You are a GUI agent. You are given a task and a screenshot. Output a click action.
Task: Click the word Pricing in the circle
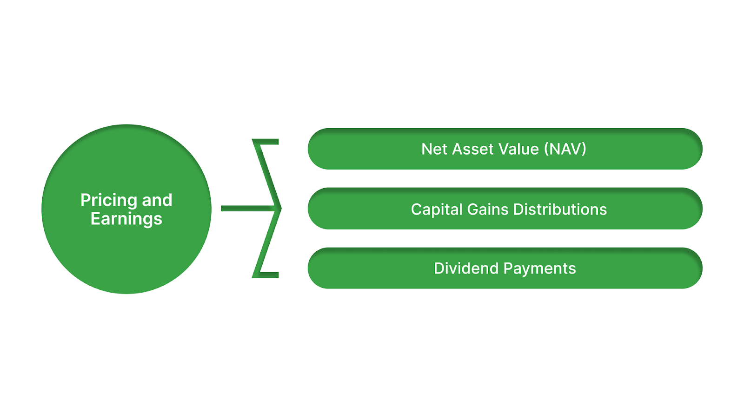pos(109,201)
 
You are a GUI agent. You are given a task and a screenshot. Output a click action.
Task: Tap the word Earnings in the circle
pos(126,219)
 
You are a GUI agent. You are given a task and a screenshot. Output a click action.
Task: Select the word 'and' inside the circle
pos(157,200)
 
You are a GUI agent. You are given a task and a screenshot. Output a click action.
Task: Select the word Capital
pos(437,209)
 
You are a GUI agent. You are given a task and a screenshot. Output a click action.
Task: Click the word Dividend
pos(466,268)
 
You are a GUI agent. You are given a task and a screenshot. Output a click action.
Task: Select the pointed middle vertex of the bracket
pos(279,209)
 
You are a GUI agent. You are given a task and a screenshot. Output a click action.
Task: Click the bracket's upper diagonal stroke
pos(267,174)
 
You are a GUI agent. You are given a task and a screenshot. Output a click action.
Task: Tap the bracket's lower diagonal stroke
pos(267,242)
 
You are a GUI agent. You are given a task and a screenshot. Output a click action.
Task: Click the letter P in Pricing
pos(85,200)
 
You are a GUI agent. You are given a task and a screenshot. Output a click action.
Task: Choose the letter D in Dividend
pos(439,268)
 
